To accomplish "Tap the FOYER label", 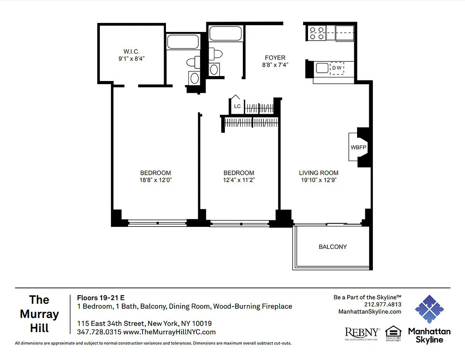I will pyautogui.click(x=275, y=58).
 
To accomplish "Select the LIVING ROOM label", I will pyautogui.click(x=318, y=173).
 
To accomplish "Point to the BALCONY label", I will pyautogui.click(x=333, y=247).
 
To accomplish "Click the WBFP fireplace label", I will pyautogui.click(x=358, y=147).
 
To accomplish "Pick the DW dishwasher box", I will pyautogui.click(x=337, y=68).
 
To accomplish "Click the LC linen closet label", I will pyautogui.click(x=237, y=107).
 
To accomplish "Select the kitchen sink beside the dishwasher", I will pyautogui.click(x=322, y=68).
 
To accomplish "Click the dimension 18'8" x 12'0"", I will pyautogui.click(x=155, y=180).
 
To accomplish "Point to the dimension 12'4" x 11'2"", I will pyautogui.click(x=239, y=180).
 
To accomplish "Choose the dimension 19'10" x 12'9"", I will pyautogui.click(x=318, y=180).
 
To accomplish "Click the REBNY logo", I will pyautogui.click(x=362, y=333).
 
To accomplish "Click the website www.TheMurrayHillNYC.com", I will pyautogui.click(x=169, y=332).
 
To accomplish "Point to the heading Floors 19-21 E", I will pyautogui.click(x=101, y=297).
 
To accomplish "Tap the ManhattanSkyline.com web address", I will pyautogui.click(x=369, y=311).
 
